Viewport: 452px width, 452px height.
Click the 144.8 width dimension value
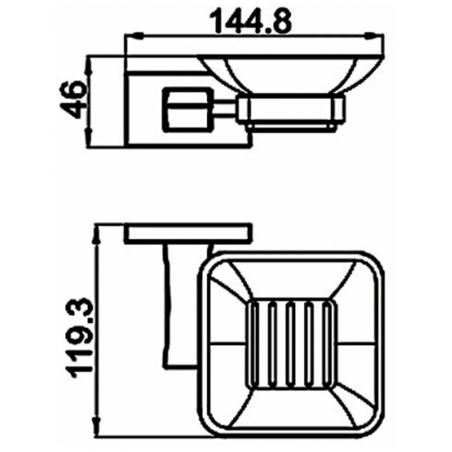pos(251,19)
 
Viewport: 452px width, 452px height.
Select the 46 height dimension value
pos(75,99)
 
